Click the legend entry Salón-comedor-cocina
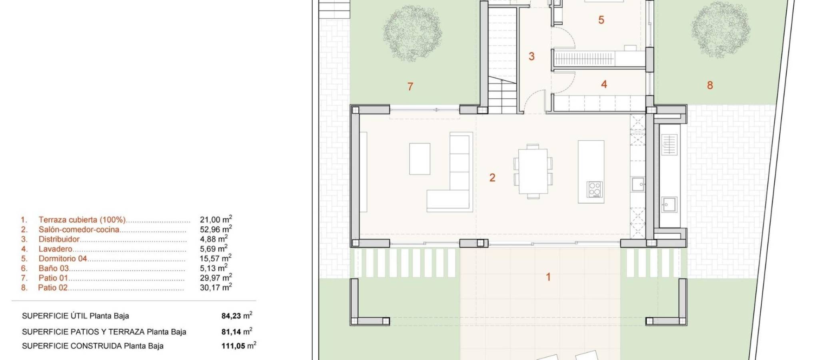click(79, 230)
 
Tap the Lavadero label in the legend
click(55, 249)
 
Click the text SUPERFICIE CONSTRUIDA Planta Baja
click(93, 346)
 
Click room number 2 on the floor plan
click(492, 178)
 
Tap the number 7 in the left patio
click(410, 86)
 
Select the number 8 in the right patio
click(710, 85)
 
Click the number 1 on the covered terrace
click(548, 276)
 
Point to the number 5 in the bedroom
click(601, 20)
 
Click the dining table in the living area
click(533, 171)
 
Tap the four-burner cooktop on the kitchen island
click(595, 189)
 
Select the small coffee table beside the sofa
click(420, 159)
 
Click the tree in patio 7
click(412, 33)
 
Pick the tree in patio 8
click(721, 32)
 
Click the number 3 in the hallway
click(531, 56)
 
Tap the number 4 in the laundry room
click(604, 84)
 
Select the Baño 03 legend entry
click(54, 268)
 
